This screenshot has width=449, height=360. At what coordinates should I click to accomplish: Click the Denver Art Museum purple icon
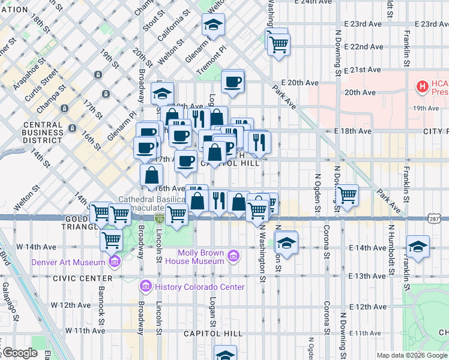(114, 261)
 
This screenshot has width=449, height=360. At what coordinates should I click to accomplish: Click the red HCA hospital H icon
(423, 87)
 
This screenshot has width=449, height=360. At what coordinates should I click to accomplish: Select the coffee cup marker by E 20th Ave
(232, 82)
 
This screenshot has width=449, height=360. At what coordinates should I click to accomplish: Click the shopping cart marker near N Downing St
(348, 195)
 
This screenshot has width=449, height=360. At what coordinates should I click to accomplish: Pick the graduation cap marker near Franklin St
(418, 246)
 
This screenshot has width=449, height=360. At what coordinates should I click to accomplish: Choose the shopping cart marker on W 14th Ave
(111, 239)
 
